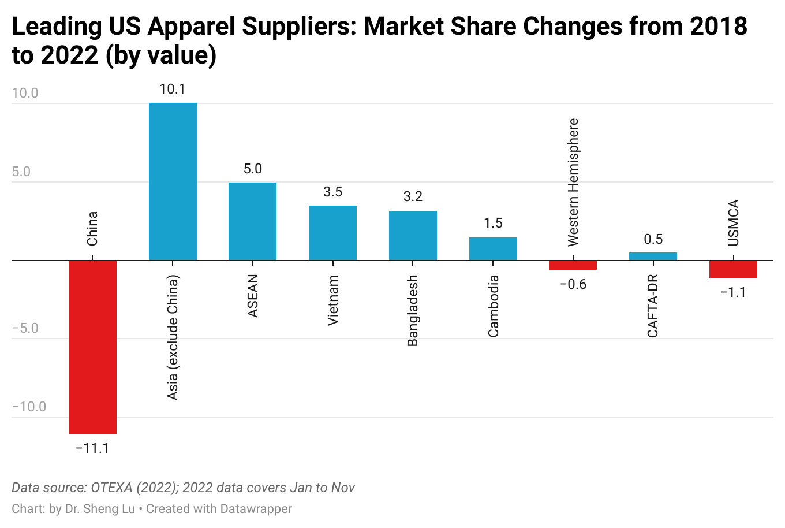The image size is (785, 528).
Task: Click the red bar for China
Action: pyautogui.click(x=92, y=347)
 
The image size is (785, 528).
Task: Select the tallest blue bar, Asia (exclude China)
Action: pyautogui.click(x=173, y=181)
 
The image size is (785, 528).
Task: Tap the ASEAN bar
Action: pyautogui.click(x=252, y=221)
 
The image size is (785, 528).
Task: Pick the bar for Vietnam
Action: pyautogui.click(x=332, y=233)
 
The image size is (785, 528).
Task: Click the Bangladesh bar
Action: pyautogui.click(x=413, y=236)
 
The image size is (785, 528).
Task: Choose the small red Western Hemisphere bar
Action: pyautogui.click(x=573, y=265)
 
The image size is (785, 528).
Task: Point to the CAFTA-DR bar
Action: pyautogui.click(x=653, y=256)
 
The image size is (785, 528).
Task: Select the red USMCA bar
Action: pyautogui.click(x=733, y=269)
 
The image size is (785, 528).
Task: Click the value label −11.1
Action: pyautogui.click(x=92, y=448)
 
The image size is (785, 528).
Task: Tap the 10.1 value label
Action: pyautogui.click(x=173, y=89)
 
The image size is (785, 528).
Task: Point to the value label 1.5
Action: pyautogui.click(x=493, y=223)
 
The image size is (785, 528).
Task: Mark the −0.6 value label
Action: pyautogui.click(x=573, y=284)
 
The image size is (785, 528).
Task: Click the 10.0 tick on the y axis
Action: pyautogui.click(x=25, y=94)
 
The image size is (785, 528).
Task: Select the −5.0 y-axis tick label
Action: pyautogui.click(x=25, y=329)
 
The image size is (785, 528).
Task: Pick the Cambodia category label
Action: pyautogui.click(x=493, y=306)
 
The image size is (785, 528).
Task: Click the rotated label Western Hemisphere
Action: pyautogui.click(x=573, y=182)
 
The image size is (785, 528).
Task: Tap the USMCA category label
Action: pyautogui.click(x=733, y=223)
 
